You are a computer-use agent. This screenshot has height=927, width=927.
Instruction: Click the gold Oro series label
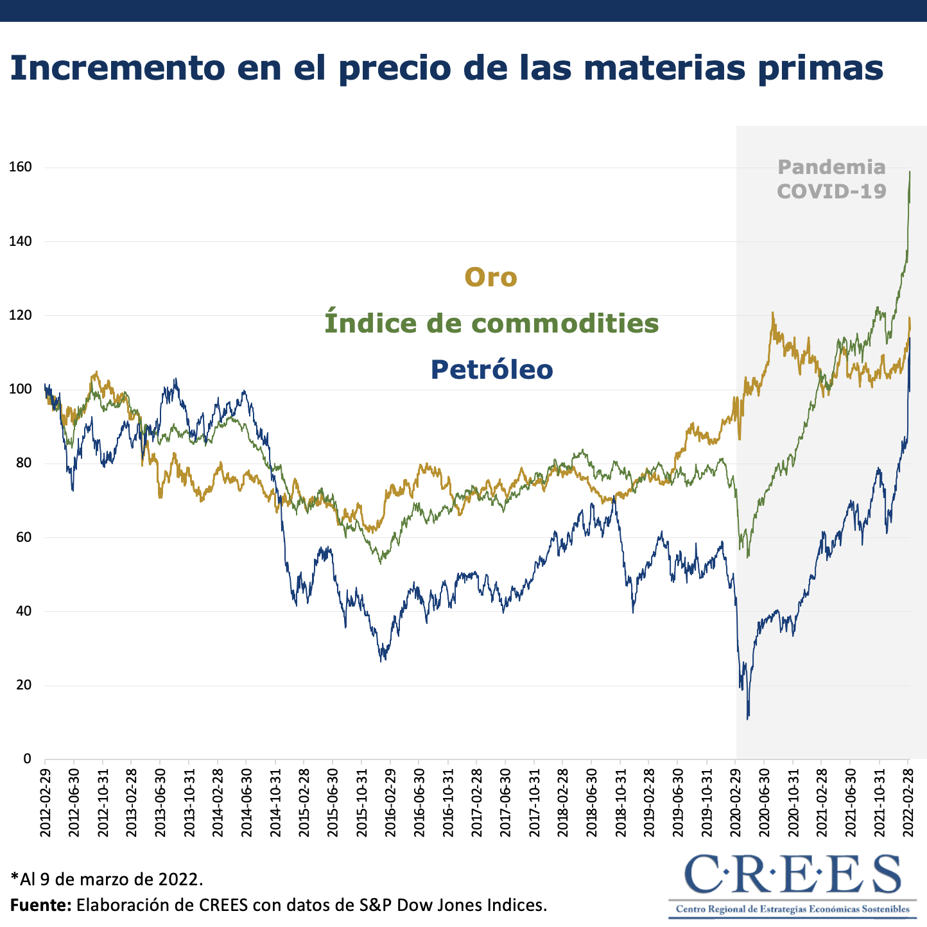(x=490, y=277)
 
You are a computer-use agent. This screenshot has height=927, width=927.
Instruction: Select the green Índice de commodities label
(x=491, y=323)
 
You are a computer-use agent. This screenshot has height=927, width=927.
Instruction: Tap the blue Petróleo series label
(x=491, y=370)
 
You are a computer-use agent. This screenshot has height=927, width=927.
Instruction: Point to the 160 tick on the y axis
(x=20, y=168)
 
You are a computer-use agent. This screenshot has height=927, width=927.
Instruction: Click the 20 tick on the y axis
(x=23, y=685)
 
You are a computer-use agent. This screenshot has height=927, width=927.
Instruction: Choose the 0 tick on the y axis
(x=27, y=759)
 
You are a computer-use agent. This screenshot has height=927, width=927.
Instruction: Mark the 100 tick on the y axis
(x=20, y=389)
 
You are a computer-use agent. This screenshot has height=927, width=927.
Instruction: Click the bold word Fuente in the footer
(x=40, y=905)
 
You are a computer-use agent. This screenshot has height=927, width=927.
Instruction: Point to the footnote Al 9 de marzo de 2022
(x=107, y=877)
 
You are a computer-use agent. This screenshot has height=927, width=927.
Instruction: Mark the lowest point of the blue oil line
(x=747, y=718)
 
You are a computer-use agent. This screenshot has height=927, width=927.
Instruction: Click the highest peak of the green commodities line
(x=910, y=171)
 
